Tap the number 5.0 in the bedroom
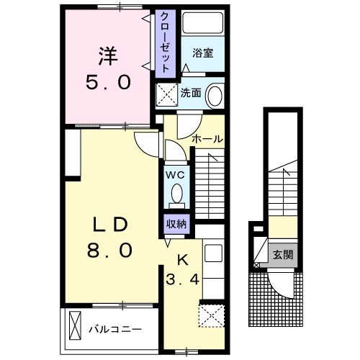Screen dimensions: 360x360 pos(109,82)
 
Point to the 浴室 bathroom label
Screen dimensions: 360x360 pos(203,53)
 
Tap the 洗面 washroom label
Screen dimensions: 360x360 pos(190,93)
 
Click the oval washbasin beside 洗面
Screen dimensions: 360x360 pos(215,96)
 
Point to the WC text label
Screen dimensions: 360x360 pos(176,174)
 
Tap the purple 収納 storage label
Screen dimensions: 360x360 pos(176,223)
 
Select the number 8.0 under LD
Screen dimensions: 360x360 pos(109,251)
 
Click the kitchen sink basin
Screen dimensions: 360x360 pos(213,254)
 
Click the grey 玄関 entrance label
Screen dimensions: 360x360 pos(281,255)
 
